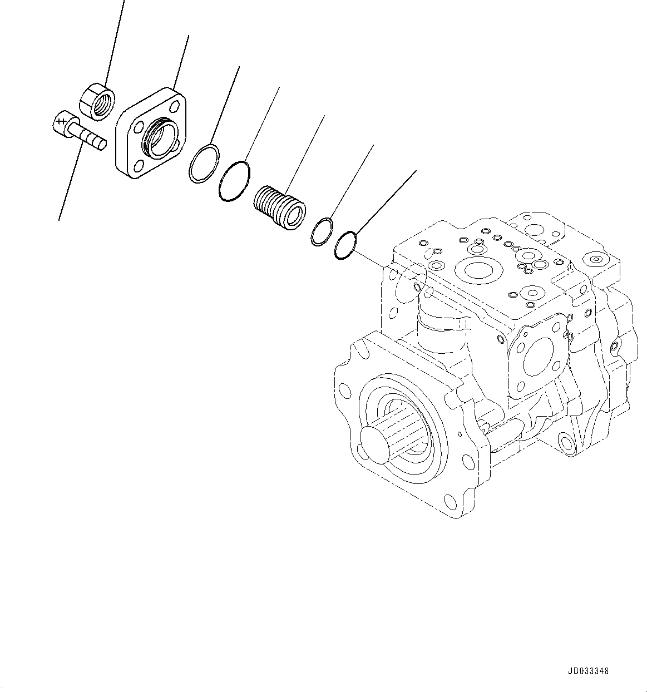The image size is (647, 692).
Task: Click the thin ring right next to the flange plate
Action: click(x=204, y=163)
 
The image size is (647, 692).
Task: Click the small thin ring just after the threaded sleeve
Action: click(x=322, y=232)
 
